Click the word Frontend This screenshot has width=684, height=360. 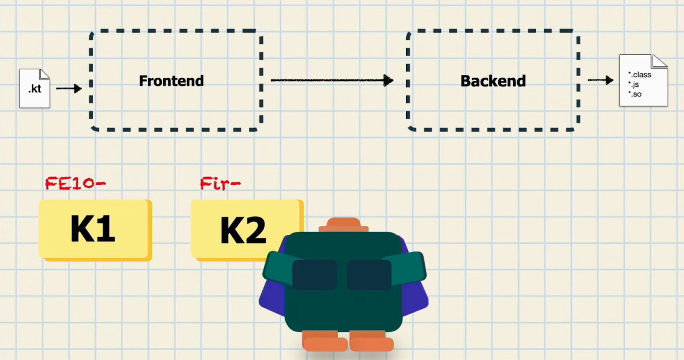[171, 81]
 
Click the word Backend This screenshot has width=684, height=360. [493, 81]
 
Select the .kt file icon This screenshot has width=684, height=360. [34, 89]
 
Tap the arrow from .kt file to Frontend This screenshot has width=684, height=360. [69, 89]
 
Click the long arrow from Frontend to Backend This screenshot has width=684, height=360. [332, 80]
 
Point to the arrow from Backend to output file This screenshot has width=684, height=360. [601, 80]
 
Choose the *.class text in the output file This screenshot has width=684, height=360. [640, 75]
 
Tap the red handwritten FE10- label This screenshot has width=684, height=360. [76, 183]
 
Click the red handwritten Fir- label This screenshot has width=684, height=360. [220, 184]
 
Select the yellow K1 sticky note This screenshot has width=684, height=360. [95, 230]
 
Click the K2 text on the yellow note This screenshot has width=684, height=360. [243, 230]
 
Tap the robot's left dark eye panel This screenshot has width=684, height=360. [315, 274]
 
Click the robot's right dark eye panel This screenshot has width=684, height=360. [369, 274]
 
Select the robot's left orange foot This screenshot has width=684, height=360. [324, 342]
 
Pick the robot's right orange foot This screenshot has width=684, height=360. [371, 342]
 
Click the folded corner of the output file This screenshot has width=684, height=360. [659, 62]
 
